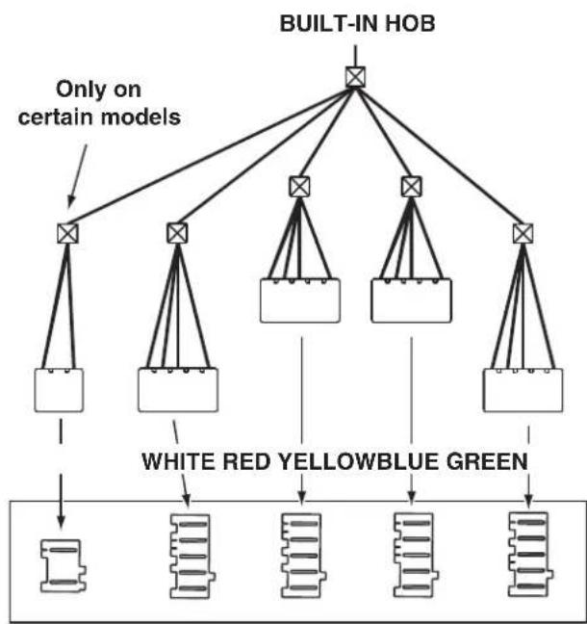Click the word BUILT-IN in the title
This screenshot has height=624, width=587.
click(330, 23)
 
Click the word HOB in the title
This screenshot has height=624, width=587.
click(411, 23)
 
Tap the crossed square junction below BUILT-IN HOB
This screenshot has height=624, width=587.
click(355, 77)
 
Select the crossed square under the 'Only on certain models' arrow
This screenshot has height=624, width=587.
click(67, 233)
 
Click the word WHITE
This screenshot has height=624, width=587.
click(179, 461)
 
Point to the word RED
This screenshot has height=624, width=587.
click(246, 461)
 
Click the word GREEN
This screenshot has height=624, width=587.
click(487, 461)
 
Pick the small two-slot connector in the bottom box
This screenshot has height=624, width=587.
click(64, 566)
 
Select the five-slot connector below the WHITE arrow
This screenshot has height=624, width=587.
click(192, 556)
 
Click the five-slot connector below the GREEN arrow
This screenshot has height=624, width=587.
click(530, 555)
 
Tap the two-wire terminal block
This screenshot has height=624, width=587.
click(59, 390)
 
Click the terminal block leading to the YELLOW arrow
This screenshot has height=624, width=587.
click(300, 300)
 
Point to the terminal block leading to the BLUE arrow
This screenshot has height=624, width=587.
click(411, 300)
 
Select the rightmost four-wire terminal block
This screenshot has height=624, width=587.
click(523, 390)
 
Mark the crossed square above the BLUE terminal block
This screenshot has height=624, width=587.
click(411, 186)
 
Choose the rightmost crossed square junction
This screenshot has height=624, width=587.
click(523, 233)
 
